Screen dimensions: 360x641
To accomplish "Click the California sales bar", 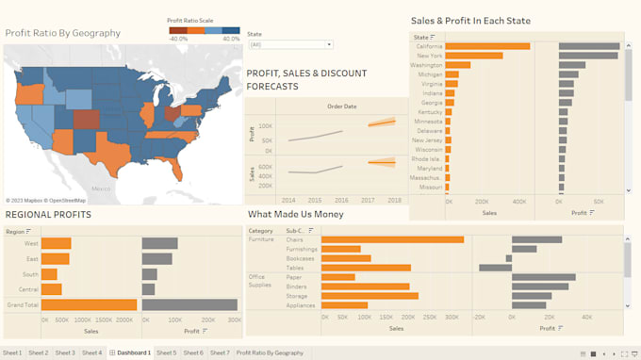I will pyautogui.click(x=486, y=46).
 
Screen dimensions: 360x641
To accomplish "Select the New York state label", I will pyautogui.click(x=429, y=56).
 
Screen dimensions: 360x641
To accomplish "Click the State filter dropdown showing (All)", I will pyautogui.click(x=289, y=44).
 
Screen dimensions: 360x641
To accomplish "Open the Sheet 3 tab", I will pyautogui.click(x=65, y=352).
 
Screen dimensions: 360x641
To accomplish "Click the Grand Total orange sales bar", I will pyautogui.click(x=89, y=304).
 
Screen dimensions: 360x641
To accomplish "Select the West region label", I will pyautogui.click(x=32, y=243).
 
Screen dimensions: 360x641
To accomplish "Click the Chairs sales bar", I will pyautogui.click(x=392, y=239).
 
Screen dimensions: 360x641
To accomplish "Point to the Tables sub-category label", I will pyautogui.click(x=296, y=268).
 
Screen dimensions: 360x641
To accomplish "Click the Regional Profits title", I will pyautogui.click(x=48, y=215).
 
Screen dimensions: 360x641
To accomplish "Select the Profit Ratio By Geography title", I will pyautogui.click(x=63, y=33).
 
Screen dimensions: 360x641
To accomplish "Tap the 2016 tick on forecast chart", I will pyautogui.click(x=340, y=200).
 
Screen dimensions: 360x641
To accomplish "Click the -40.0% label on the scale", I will pyautogui.click(x=178, y=39).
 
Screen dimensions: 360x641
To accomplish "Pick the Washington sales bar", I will pyautogui.click(x=457, y=65).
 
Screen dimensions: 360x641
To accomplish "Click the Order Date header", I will pyautogui.click(x=341, y=106).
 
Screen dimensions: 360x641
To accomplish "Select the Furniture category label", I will pyautogui.click(x=261, y=239).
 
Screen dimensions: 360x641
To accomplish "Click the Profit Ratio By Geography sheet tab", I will pyautogui.click(x=270, y=352).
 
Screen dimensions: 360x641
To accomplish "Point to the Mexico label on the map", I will pyautogui.click(x=101, y=189).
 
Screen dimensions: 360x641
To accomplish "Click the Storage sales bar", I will pyautogui.click(x=369, y=296).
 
